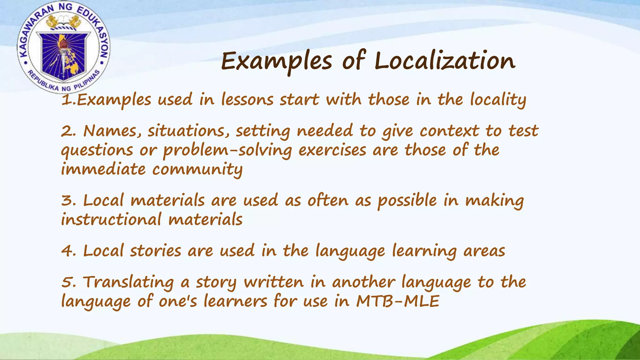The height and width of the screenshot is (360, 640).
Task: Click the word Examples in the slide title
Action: coord(276,61)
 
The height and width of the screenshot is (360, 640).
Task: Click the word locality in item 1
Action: coord(498,100)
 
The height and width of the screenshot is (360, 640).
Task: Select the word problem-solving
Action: coord(227,150)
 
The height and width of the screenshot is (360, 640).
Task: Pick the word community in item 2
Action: coord(197,170)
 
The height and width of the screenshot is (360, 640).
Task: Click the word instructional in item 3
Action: coord(111,219)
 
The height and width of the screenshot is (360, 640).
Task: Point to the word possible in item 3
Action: coord(407,201)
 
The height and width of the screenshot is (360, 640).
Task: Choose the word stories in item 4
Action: coord(155,251)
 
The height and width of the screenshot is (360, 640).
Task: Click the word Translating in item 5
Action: coord(128,282)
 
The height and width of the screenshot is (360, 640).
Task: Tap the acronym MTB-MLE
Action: coord(397,302)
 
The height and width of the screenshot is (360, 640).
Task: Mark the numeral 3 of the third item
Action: coord(67,200)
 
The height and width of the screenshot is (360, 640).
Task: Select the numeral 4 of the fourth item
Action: coord(67,251)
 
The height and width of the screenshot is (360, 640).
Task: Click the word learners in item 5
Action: coord(235,302)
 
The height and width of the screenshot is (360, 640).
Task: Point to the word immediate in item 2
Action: coord(103,169)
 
